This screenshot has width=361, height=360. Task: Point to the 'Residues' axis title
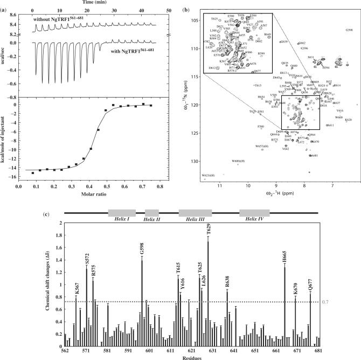tap(192, 356)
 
